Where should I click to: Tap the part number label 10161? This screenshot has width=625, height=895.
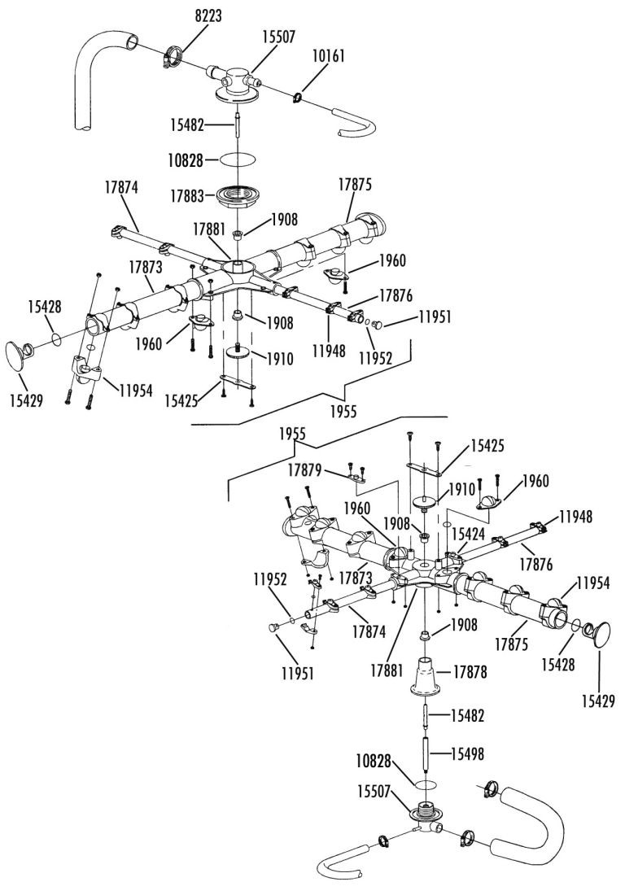pos(328,56)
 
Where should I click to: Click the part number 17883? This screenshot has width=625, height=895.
pos(186,196)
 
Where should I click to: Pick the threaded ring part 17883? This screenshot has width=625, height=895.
pos(236,197)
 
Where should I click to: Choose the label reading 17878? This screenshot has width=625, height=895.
pos(470,672)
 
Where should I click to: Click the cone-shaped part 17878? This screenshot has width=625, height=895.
pos(426,676)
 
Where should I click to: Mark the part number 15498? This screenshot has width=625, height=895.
pos(467,754)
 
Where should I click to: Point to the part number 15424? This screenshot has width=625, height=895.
pos(467,535)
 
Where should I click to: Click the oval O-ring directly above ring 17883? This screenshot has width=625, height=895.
pos(237,160)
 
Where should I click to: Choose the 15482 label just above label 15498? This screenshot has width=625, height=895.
pos(467,715)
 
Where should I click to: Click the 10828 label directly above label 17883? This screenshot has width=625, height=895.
pos(186,160)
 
